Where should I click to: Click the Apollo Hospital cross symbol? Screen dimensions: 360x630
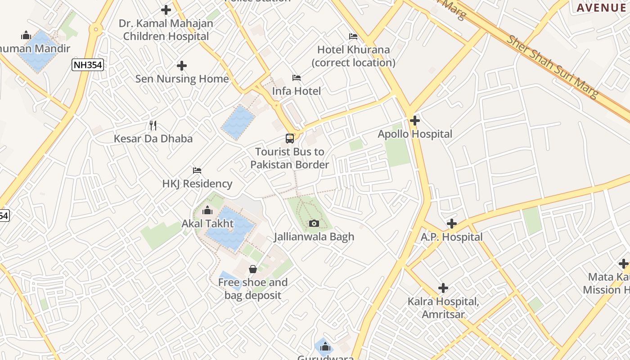click(x=415, y=121)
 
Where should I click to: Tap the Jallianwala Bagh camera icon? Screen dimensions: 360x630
click(x=314, y=223)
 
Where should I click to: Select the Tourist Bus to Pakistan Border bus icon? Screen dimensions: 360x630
click(x=290, y=139)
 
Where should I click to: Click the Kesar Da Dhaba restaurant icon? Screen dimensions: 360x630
click(x=153, y=125)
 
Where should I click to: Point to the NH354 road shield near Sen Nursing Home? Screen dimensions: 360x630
click(x=88, y=65)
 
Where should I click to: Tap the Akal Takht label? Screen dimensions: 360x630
click(x=207, y=224)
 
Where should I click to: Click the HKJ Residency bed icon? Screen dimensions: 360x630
click(x=197, y=171)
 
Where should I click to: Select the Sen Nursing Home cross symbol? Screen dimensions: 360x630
click(x=182, y=66)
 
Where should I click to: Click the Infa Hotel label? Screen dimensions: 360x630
click(x=297, y=91)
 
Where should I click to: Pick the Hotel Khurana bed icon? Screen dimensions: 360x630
click(x=353, y=36)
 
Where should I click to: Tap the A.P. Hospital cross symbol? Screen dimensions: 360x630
click(x=451, y=224)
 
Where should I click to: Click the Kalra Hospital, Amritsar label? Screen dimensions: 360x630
click(x=443, y=308)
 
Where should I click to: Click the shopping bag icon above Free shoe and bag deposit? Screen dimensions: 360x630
click(x=253, y=269)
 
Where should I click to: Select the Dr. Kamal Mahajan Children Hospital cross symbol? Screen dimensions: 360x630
click(x=166, y=9)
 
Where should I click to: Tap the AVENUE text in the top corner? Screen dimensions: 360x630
click(x=603, y=8)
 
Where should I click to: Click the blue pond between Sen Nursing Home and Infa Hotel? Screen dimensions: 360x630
click(x=238, y=122)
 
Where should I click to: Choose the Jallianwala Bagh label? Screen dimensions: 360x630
click(x=314, y=237)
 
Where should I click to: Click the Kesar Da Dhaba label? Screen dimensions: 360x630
click(x=153, y=139)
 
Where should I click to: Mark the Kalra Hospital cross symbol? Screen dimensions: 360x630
click(x=443, y=288)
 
